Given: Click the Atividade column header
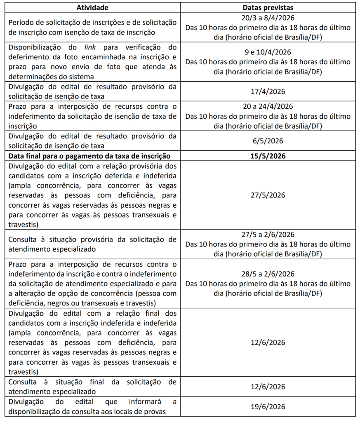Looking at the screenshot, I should tap(93, 7).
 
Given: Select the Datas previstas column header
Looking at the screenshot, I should tap(268, 7).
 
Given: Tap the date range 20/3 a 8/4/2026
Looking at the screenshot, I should tap(268, 18).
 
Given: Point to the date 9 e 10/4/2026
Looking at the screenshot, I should tap(268, 52).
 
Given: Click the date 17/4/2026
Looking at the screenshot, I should tap(268, 91).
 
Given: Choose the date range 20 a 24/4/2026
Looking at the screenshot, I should tap(268, 106).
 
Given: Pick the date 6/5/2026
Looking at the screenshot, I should tap(268, 141).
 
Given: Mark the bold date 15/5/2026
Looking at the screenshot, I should tap(268, 156).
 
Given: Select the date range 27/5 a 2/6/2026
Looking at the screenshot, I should tap(268, 235).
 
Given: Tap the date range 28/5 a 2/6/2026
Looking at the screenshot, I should tap(268, 274).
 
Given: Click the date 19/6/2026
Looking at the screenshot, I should tap(268, 407).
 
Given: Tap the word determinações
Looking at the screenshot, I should tap(34, 77).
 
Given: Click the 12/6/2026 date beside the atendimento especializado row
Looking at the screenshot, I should tap(268, 387).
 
